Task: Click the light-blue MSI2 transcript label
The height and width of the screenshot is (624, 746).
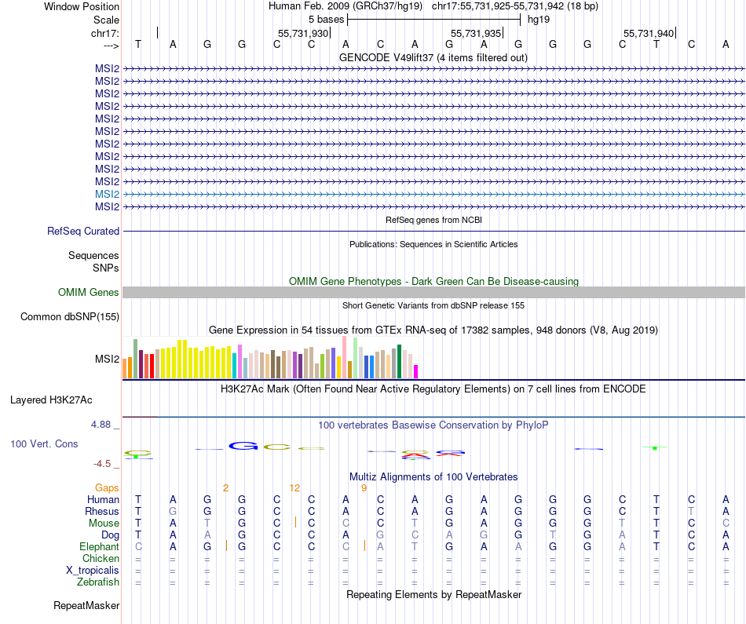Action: point(107,194)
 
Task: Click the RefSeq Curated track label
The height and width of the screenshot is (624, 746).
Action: point(83,231)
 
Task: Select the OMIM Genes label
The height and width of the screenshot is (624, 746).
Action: point(89,292)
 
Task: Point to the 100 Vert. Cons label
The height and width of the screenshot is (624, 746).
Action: point(44,443)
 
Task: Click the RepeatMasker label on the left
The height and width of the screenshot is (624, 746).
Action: point(86,605)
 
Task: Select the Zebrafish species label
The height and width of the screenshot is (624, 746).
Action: point(98,582)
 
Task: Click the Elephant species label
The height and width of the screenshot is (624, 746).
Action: point(99,546)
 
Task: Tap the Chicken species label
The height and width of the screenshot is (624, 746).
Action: point(101,558)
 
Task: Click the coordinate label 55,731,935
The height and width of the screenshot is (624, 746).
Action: point(476,34)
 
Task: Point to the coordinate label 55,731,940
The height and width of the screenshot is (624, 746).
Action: point(649,34)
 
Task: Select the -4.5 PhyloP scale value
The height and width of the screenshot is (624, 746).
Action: point(103,463)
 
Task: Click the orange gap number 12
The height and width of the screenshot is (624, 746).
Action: point(294,487)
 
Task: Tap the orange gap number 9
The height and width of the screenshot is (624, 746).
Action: point(364,487)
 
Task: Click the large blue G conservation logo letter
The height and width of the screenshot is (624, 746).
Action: point(243,446)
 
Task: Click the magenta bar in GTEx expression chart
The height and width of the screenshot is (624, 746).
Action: point(416,371)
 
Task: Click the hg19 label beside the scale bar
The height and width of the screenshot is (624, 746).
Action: point(539,18)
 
